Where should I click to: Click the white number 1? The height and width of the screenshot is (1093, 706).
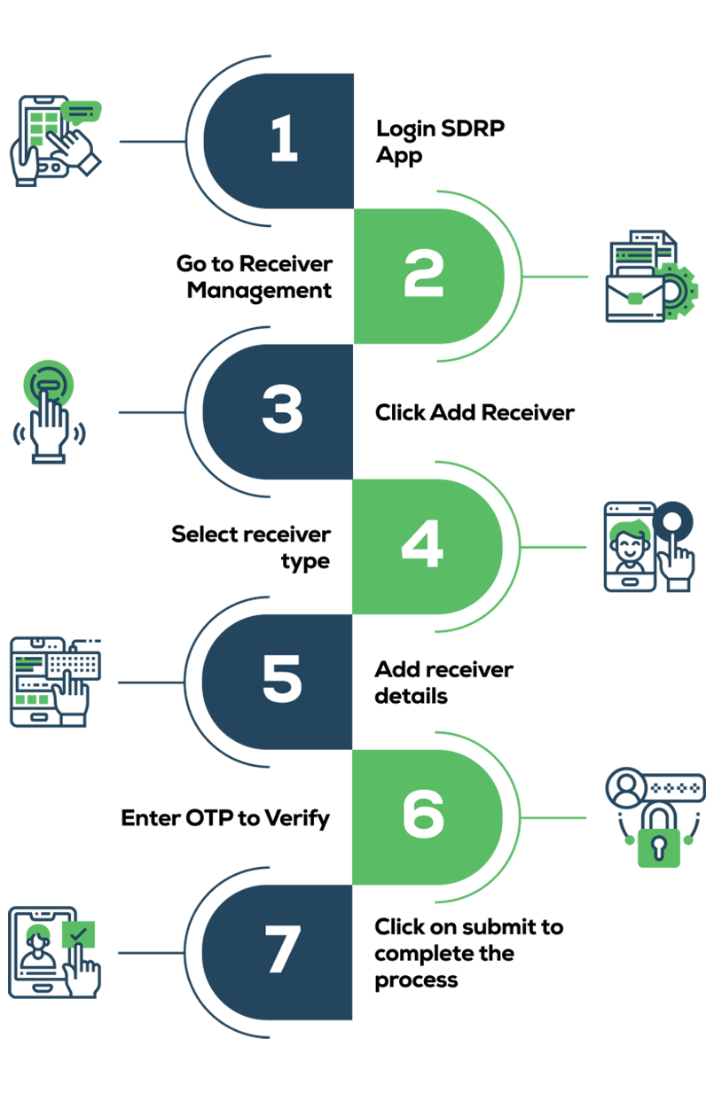point(283,141)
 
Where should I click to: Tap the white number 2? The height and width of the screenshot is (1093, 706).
point(423,274)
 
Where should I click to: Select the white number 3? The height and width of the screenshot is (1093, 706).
point(282,410)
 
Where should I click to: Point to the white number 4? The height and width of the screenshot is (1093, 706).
point(422,544)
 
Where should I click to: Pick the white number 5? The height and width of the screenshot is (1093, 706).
point(282,680)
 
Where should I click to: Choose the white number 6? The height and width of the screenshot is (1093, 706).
point(423,813)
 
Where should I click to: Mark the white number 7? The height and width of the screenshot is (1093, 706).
point(282,949)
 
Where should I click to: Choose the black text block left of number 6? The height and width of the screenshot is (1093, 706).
point(195,811)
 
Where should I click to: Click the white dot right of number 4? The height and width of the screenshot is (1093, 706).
point(671,521)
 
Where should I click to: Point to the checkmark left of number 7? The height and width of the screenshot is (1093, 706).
point(78,933)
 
